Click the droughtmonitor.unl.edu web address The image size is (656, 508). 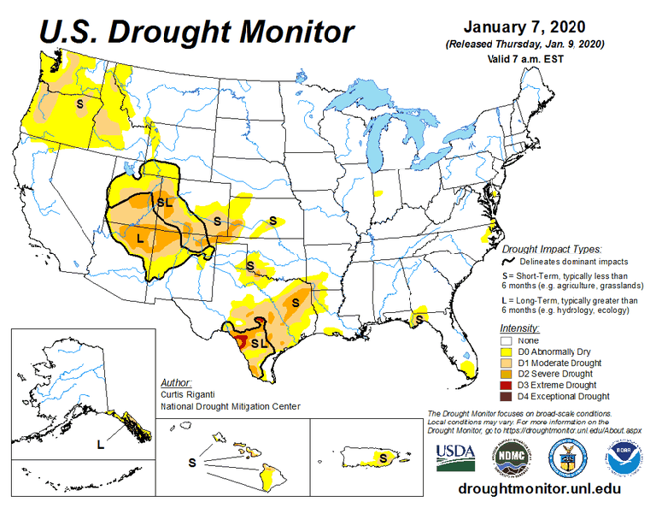coord(538,491)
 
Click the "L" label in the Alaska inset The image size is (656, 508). coord(100,443)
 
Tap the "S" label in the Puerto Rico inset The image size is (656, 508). coord(384,458)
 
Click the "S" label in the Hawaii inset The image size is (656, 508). coord(191,462)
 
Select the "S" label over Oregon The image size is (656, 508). coord(79,103)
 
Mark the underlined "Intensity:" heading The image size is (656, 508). coord(520,328)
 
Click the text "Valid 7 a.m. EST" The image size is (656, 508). coord(524,59)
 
